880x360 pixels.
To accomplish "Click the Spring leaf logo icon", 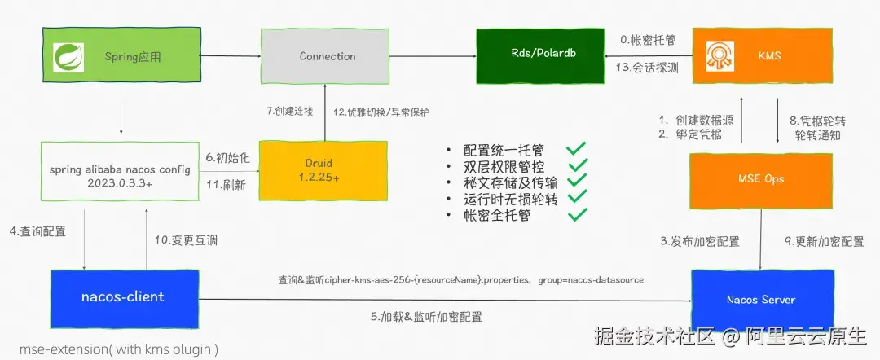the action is tap(68, 57).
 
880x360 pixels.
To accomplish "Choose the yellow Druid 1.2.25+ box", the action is tap(323, 170).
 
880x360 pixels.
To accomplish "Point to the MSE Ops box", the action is tap(760, 179).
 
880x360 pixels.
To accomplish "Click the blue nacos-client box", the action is tap(124, 299).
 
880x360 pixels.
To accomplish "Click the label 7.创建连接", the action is tap(289, 111).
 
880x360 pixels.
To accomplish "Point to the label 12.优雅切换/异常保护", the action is tap(381, 112).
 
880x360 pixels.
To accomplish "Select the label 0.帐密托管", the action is tap(648, 40).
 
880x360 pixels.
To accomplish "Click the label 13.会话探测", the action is tap(647, 68).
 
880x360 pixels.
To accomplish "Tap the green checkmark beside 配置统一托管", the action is tap(576, 149).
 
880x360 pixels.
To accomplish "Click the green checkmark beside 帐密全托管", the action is tap(577, 215).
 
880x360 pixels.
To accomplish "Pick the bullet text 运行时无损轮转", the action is tap(511, 199).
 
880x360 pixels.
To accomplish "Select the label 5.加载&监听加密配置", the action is tap(426, 317).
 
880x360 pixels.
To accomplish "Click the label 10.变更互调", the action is tap(186, 240).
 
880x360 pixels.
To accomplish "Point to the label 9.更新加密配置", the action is tap(824, 242).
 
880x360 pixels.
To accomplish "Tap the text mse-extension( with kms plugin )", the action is tap(119, 349).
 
